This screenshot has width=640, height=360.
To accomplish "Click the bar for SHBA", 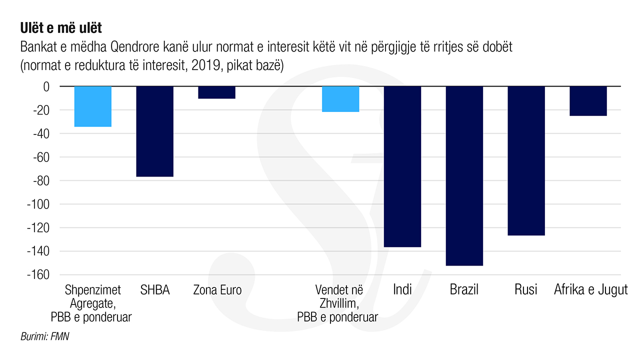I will coord(154,131).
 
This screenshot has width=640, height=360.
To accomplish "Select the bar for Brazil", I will coord(464,176).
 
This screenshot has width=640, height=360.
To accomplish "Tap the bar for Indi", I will coord(402,166).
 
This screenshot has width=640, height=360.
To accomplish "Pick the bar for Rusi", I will coord(526,160).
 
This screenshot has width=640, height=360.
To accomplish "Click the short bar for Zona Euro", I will coord(216,92).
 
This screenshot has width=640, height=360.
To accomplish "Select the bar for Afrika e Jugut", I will coord(588,101).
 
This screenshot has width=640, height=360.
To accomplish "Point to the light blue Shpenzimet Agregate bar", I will coord(93,106).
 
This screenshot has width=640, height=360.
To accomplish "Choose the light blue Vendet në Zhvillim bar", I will coord(340,99).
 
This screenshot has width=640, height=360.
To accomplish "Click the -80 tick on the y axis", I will coord(41,180).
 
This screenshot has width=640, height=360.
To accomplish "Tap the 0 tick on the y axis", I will coord(46,86).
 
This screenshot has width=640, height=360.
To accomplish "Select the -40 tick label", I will coord(41,133).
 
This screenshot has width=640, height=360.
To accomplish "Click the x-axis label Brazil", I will coord(464,289).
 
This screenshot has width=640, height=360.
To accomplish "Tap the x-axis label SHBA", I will coord(154,290).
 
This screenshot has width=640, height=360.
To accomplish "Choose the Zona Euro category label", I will coord(217,290).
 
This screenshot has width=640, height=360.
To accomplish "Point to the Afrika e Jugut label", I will coord(590,290).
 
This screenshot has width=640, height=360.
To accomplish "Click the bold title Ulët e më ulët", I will coord(61,28).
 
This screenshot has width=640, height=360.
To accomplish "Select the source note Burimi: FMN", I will coord(44,336).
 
